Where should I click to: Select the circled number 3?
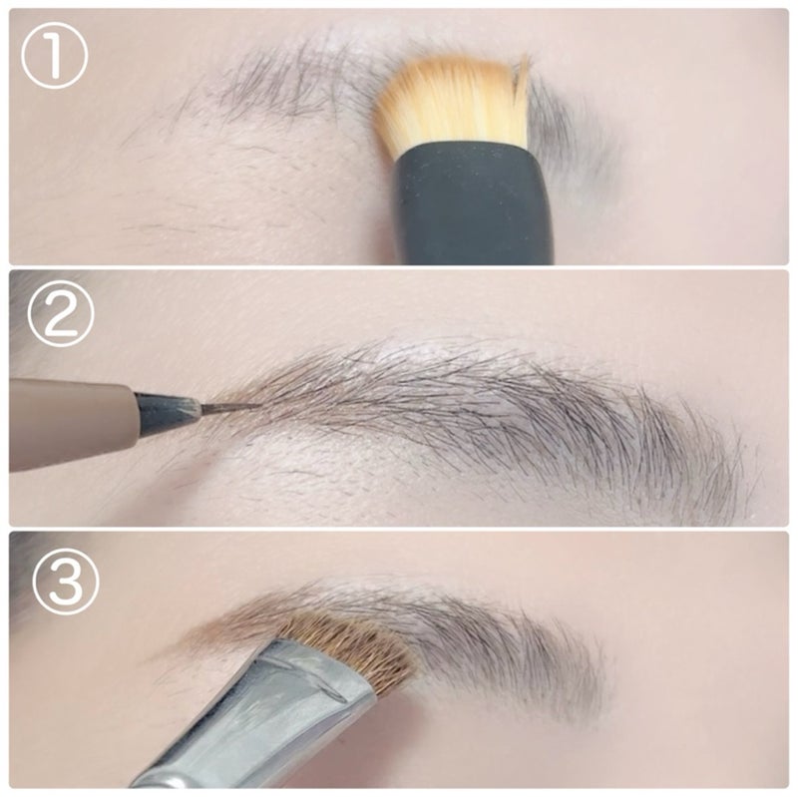(66, 583)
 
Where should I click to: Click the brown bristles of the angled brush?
(351, 649)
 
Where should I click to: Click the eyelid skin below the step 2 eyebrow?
(356, 474)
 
